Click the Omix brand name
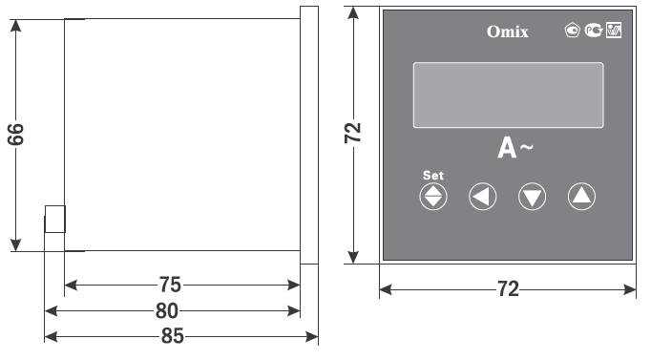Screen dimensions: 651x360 click(508, 32)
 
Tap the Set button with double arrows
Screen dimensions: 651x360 click(433, 197)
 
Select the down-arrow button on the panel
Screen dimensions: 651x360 click(532, 197)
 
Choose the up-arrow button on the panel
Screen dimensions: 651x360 click(581, 197)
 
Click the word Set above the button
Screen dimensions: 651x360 click(433, 175)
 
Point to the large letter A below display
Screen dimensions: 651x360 click(507, 148)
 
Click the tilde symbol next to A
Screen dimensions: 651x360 click(526, 146)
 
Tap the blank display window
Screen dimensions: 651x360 click(508, 95)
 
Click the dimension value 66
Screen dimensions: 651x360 click(16, 134)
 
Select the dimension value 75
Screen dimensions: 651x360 click(170, 285)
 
